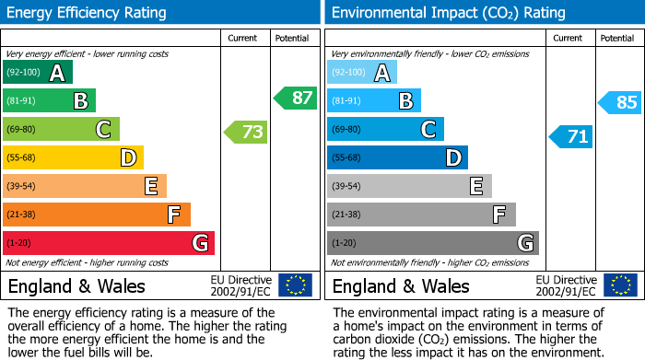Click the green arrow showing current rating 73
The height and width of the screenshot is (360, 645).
(246, 132)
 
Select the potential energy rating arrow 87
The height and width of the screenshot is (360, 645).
(295, 98)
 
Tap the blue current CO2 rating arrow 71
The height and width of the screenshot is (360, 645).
(571, 136)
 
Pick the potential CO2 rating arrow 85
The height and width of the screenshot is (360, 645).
(620, 102)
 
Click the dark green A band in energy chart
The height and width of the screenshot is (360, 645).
(38, 73)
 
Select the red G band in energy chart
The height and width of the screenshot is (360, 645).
(109, 243)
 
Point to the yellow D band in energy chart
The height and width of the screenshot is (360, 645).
(74, 157)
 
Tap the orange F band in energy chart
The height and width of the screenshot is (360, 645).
(97, 215)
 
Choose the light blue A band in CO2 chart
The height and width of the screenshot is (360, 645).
(362, 73)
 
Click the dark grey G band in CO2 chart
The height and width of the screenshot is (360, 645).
(432, 243)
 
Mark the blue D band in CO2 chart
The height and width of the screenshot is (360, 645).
(397, 157)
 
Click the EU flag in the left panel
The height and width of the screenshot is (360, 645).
(295, 285)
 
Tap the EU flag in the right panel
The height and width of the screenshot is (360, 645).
(619, 285)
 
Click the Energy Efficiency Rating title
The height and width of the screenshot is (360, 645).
(88, 13)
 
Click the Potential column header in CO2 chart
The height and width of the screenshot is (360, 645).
(617, 38)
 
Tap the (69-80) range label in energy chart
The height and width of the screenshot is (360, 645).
(22, 129)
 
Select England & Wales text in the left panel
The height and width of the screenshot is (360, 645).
(76, 286)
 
